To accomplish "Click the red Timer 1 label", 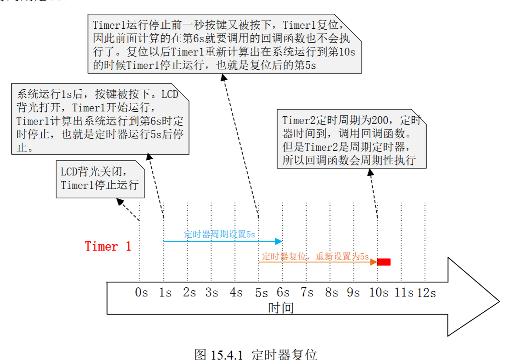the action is coord(108,246).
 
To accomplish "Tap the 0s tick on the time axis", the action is coord(141,293).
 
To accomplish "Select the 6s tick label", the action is coord(283,293).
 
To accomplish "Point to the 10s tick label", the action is coord(378,293).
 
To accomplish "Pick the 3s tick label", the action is coord(212,293).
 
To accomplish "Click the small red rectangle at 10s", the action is coord(384,262).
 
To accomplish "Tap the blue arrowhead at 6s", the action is coord(279,241).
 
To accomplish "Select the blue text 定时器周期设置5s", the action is coord(219,235).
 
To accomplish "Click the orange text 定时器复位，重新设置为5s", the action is coord(315,256).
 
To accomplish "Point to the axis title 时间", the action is coord(281,308).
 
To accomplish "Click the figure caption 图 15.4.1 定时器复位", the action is coord(256,354).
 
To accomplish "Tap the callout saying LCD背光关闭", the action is coord(100,179).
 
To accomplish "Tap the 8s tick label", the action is coord(331,293).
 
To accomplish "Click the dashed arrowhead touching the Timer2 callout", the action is coord(370,172).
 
